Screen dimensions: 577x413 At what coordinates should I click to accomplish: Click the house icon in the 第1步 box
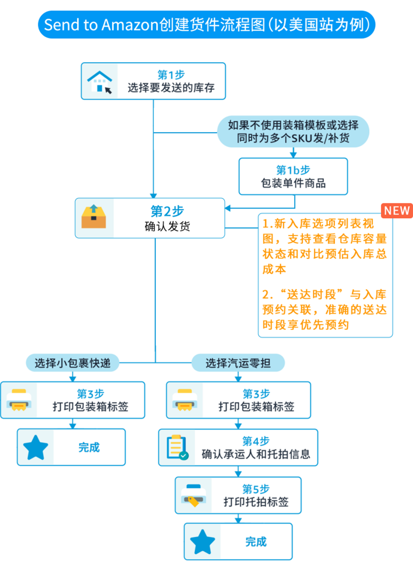point(100,82)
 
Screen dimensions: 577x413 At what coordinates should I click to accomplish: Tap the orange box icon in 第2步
point(94,217)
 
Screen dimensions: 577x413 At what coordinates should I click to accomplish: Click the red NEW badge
point(397,211)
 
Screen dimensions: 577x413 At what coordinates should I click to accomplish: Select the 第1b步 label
point(293,170)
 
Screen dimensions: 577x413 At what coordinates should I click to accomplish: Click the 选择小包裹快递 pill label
point(73,363)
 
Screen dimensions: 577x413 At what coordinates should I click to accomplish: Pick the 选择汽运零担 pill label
point(238,363)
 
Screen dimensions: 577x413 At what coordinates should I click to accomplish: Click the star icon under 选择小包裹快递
point(36,448)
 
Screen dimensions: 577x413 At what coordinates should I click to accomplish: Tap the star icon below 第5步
point(202,542)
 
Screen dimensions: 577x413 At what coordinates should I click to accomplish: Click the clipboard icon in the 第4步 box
point(177,447)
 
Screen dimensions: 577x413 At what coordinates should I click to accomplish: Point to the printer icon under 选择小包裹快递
point(19,400)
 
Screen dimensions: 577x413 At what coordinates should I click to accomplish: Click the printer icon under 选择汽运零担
point(185,400)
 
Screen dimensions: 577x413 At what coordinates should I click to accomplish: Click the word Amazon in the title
point(130,25)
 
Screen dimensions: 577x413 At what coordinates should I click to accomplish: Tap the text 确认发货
point(167,226)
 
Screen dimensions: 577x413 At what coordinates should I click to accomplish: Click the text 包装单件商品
point(293,183)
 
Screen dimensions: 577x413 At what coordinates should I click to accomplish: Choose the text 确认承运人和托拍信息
point(256,454)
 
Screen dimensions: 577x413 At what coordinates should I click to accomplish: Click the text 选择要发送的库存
point(171,88)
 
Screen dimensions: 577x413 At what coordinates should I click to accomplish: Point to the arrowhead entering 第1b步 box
point(293,155)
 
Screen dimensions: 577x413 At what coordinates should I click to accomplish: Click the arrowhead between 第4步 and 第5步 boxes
point(238,474)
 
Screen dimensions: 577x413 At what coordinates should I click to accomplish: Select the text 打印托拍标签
point(256,502)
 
